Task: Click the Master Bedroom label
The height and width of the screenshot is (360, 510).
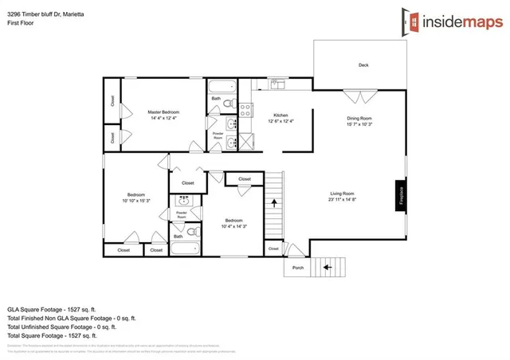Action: click(163, 112)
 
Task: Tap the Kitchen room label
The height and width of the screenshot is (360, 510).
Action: click(273, 114)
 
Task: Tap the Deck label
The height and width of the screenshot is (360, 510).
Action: click(363, 65)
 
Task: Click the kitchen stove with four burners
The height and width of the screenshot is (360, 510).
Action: click(246, 109)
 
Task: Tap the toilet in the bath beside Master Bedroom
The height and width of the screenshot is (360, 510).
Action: click(227, 104)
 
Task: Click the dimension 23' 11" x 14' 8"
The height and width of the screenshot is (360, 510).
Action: click(343, 201)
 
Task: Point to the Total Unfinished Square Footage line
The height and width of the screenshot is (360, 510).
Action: click(61, 326)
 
